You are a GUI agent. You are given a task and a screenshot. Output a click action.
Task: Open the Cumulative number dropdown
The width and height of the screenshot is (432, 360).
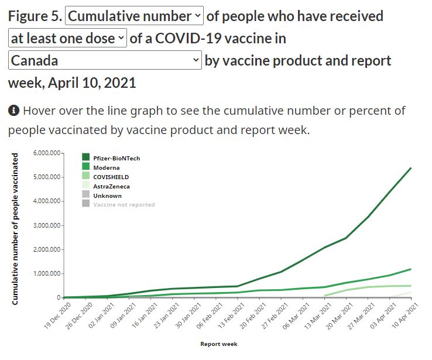point(135,16)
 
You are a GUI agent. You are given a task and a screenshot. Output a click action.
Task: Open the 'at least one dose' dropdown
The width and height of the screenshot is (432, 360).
point(68,39)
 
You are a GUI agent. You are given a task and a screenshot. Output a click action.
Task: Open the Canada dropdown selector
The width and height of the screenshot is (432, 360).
point(105,60)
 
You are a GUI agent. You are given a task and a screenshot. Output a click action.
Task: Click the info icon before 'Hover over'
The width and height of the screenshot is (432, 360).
point(14,110)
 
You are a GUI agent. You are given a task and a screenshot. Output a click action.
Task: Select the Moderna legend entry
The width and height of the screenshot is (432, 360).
point(106,167)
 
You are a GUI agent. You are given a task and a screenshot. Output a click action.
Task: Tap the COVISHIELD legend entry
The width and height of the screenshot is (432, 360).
point(111,177)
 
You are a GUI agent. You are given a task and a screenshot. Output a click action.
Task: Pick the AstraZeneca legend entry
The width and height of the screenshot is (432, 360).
point(111,186)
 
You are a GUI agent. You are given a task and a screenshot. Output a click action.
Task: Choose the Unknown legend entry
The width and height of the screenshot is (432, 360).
point(107,196)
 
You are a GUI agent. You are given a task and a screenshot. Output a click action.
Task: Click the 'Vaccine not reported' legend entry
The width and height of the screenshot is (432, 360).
point(124,205)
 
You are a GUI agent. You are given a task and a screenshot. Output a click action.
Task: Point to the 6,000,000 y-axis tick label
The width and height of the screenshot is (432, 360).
point(48,153)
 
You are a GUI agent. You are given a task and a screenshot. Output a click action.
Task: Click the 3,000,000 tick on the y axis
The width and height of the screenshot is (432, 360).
point(48,225)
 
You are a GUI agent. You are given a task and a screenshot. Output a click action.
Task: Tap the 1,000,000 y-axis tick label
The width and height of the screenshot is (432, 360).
point(48,273)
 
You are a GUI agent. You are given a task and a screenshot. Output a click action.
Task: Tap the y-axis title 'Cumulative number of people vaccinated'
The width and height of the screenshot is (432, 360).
point(16,228)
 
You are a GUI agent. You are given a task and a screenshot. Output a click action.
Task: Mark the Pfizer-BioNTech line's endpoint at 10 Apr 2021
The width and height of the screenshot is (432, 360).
point(411,168)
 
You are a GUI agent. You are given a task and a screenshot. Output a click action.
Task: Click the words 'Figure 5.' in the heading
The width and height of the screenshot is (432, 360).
point(35,16)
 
